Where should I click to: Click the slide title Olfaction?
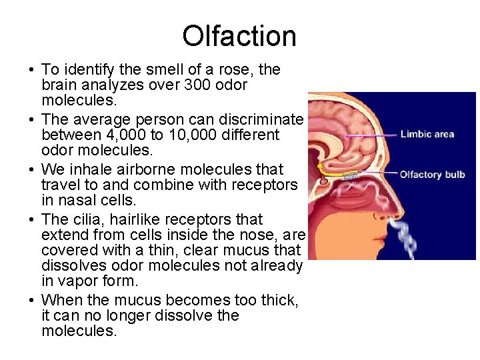coord(239,36)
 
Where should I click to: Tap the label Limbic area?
coord(427,134)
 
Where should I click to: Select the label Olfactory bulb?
coord(432,175)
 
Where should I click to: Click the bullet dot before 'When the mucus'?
coord(31,300)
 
